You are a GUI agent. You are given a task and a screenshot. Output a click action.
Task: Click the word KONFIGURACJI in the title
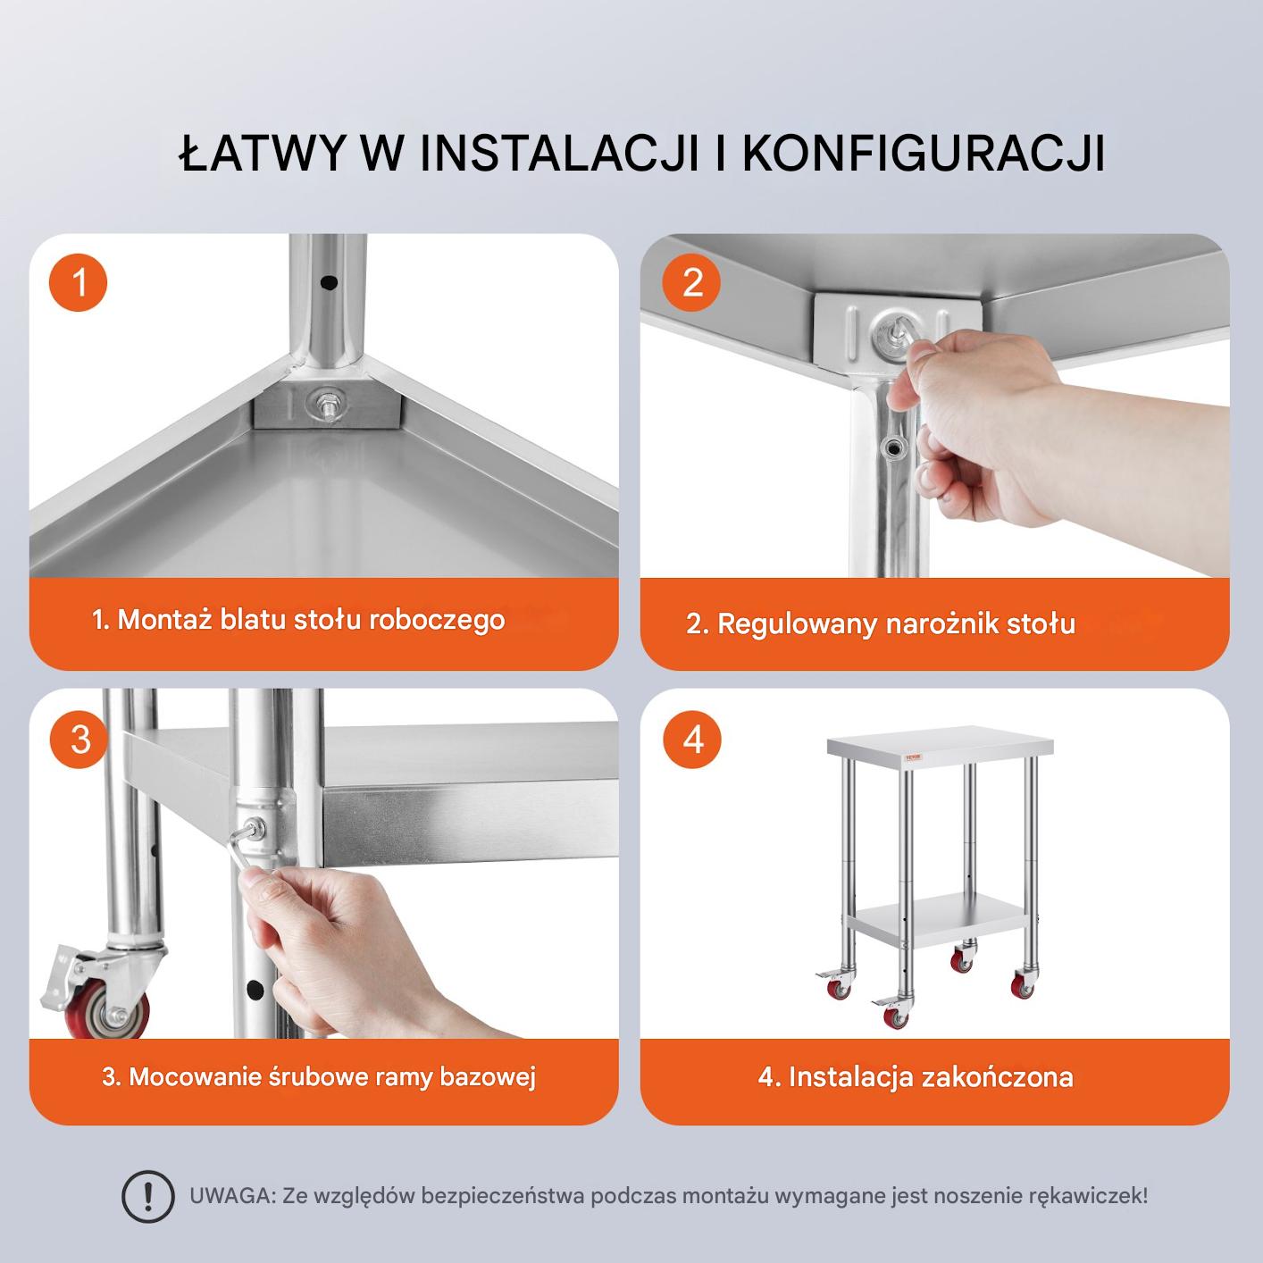pyautogui.click(x=923, y=154)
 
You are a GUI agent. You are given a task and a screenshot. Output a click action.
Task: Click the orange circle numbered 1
pyautogui.click(x=78, y=282)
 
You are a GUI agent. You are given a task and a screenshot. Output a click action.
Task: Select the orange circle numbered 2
pyautogui.click(x=691, y=282)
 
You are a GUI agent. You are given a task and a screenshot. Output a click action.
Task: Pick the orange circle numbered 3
pyautogui.click(x=79, y=740)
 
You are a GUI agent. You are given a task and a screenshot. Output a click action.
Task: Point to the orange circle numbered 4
pyautogui.click(x=692, y=740)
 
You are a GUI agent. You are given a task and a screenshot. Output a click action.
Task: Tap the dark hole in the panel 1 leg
pyautogui.click(x=329, y=283)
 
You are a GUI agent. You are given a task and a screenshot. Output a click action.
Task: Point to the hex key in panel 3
pyautogui.click(x=244, y=847)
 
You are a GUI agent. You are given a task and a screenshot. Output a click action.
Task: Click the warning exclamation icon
pyautogui.click(x=148, y=1196)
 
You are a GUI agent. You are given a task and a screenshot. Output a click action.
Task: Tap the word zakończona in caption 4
pyautogui.click(x=998, y=1077)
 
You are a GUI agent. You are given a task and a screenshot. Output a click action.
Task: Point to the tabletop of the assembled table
pyautogui.click(x=940, y=751)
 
